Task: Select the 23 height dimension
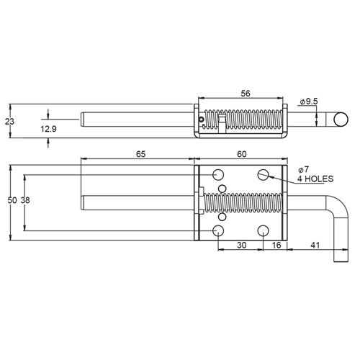click(x=9, y=122)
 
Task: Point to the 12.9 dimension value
click(x=48, y=127)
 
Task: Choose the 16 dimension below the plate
click(x=276, y=245)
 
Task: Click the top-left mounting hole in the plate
click(x=217, y=174)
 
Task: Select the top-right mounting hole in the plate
click(x=264, y=174)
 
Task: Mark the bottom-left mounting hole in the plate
click(x=217, y=230)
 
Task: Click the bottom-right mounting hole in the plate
click(x=264, y=230)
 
